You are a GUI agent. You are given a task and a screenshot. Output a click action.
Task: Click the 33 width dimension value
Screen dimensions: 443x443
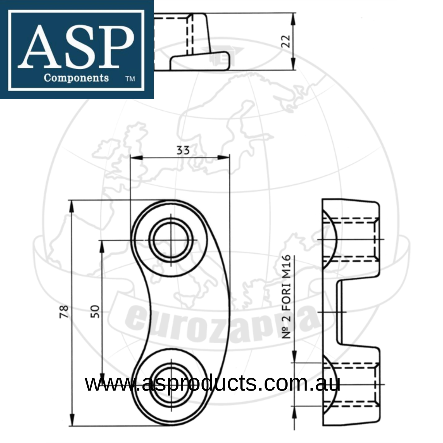tap(183, 150)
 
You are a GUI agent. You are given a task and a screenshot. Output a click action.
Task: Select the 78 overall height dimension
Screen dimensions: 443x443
tap(64, 311)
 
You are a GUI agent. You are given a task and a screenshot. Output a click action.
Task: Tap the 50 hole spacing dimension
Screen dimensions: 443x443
tap(95, 311)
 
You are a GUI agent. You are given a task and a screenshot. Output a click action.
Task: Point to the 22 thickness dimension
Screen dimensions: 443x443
tap(285, 41)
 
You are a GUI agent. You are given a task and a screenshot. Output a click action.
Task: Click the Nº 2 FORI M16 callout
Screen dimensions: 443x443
tap(286, 296)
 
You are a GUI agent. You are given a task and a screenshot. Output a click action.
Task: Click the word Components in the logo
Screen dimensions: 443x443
tap(76, 78)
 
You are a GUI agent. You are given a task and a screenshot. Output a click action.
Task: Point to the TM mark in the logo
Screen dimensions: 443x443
tap(130, 79)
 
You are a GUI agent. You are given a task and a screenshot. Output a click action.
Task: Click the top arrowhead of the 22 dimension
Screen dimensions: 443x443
tap(293, 18)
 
